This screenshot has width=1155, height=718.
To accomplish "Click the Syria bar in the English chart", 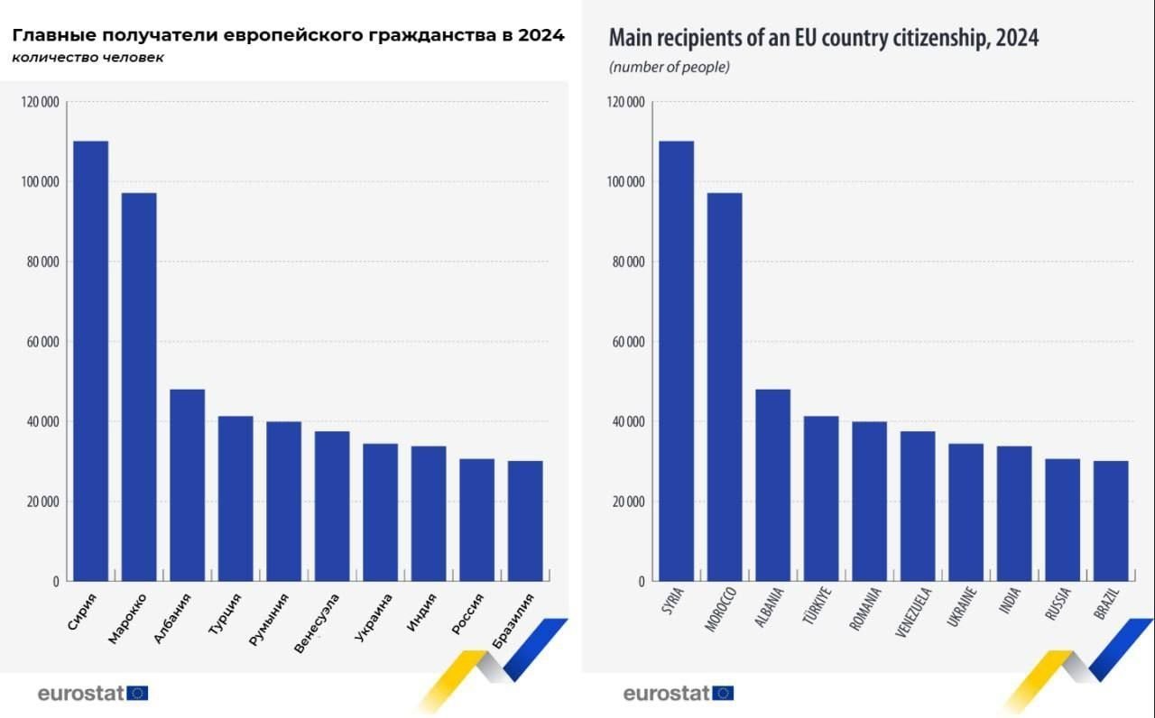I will (x=676, y=361).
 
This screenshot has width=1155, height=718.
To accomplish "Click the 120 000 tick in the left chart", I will (x=39, y=102).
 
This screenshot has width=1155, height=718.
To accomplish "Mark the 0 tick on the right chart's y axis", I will (x=641, y=582).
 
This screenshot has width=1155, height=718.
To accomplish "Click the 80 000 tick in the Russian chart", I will (x=39, y=262).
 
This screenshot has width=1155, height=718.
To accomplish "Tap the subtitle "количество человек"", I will (x=88, y=59).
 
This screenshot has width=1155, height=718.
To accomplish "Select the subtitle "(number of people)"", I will (x=669, y=68).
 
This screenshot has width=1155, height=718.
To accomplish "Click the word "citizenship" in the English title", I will (x=939, y=39).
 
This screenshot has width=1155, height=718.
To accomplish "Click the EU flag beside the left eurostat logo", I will (x=138, y=693).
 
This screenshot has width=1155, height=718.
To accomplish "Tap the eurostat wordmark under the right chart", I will (x=666, y=693).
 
